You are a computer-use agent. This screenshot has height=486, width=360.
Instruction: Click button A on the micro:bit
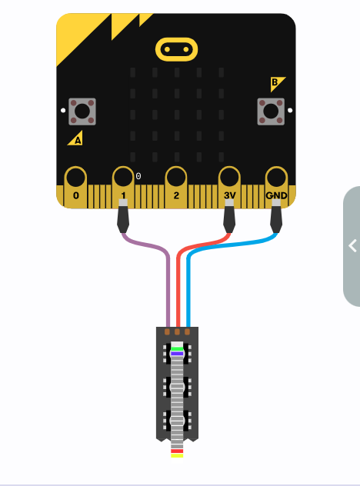tap(82, 112)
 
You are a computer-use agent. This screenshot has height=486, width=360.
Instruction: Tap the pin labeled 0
tap(75, 187)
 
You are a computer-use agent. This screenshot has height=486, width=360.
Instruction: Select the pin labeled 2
tap(176, 187)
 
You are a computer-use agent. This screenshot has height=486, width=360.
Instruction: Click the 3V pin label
tap(230, 195)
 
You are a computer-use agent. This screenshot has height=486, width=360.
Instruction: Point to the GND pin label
tap(276, 195)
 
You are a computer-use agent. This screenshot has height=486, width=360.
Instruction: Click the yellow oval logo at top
tap(176, 49)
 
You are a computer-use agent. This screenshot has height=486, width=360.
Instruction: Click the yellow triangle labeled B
tap(276, 83)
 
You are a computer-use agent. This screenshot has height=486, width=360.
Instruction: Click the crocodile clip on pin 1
tap(123, 216)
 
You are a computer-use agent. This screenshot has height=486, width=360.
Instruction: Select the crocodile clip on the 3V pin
tap(229, 216)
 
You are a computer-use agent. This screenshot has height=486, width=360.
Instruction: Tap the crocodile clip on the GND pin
tap(276, 216)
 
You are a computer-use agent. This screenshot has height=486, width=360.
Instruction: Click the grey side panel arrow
tap(352, 246)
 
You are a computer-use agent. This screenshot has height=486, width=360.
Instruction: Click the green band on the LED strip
tap(177, 348)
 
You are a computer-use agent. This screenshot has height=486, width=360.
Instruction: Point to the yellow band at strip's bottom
tap(177, 455)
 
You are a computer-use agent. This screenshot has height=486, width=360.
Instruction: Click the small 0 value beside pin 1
tap(138, 176)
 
